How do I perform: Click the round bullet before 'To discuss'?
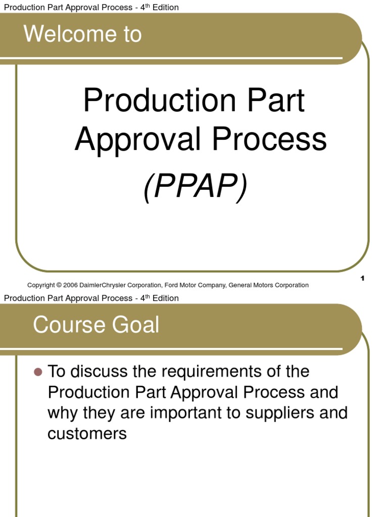[x=37, y=372]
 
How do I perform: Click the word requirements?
[x=205, y=372]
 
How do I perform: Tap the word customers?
[x=87, y=433]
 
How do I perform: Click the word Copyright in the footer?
[x=41, y=285]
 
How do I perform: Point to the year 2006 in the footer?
[x=71, y=285]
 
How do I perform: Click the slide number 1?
[x=363, y=279]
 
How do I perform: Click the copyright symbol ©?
[x=59, y=285]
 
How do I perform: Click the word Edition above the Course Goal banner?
[x=163, y=298]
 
